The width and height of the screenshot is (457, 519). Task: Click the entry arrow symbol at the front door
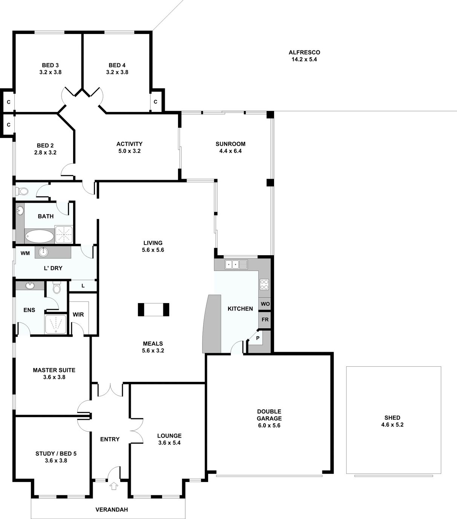click(x=113, y=486)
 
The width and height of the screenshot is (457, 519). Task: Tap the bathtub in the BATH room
click(x=40, y=236)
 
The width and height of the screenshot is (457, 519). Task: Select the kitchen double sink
click(x=236, y=264)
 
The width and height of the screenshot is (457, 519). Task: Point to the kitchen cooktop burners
click(x=264, y=284)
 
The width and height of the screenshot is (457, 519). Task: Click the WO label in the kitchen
click(x=265, y=304)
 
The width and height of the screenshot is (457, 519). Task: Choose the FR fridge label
click(x=265, y=320)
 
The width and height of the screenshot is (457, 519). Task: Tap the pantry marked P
click(x=258, y=338)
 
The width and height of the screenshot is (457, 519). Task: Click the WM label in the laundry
click(x=25, y=253)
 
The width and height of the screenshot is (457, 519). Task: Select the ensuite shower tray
click(x=55, y=324)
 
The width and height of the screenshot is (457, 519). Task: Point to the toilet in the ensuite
click(x=57, y=288)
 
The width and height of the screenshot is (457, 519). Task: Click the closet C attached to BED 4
click(x=156, y=102)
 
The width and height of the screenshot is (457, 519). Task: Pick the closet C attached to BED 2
click(x=9, y=125)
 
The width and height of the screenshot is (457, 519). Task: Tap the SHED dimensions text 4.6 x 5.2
click(x=392, y=425)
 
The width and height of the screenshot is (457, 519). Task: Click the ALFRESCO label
click(x=304, y=52)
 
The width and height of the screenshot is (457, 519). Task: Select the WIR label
click(x=78, y=314)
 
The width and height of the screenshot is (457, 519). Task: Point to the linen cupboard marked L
click(x=83, y=286)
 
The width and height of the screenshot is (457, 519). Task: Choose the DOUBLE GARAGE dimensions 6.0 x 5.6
click(x=269, y=426)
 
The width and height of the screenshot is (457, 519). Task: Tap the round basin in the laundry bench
click(x=43, y=252)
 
